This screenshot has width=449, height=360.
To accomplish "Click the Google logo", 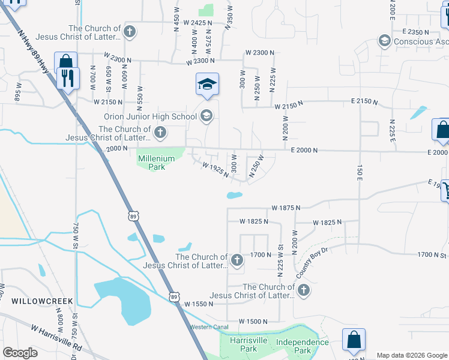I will (x=20, y=353).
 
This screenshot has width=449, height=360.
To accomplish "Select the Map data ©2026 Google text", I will (x=411, y=355).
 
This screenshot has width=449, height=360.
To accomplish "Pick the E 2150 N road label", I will (x=364, y=103).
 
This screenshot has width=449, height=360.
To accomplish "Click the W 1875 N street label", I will (x=285, y=208).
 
